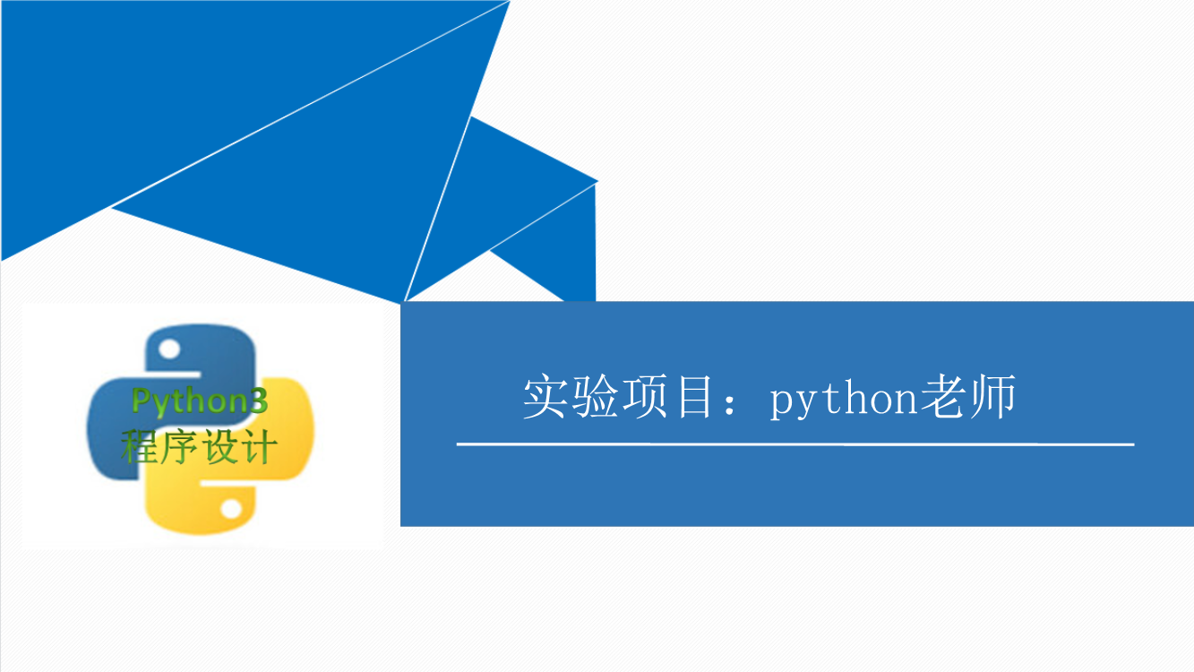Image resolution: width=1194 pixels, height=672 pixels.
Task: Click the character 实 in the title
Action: [544, 397]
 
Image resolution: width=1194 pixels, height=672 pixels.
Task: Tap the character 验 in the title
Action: [594, 397]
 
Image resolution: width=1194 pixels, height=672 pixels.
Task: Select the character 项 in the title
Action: [644, 397]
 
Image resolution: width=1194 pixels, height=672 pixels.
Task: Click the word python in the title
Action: [844, 399]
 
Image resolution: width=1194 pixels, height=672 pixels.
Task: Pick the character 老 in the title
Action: [943, 397]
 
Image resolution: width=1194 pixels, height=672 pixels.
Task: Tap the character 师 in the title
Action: [993, 397]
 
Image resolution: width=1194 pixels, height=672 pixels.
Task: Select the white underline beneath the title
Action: [795, 444]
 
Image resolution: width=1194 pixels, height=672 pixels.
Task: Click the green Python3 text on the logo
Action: [200, 401]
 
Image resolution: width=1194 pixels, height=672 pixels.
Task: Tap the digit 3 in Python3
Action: [259, 400]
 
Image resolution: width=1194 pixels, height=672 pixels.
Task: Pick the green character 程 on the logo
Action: [140, 447]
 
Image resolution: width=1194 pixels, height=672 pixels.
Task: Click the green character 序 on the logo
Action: [179, 447]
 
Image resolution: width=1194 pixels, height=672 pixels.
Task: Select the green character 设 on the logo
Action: [219, 447]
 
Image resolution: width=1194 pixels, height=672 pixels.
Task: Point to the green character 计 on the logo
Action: [258, 447]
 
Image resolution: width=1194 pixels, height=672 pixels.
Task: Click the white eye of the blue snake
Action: [169, 349]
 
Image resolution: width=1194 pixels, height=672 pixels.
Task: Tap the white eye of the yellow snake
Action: [231, 508]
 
